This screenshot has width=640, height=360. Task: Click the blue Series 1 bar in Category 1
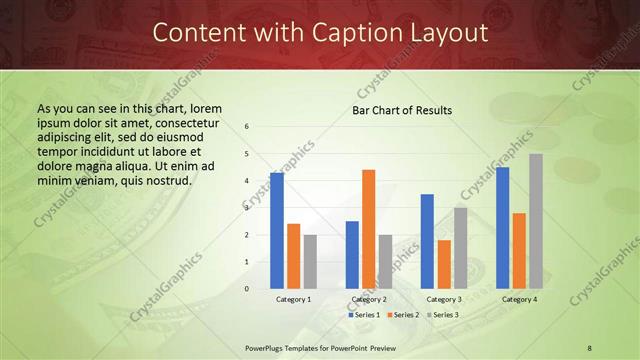click(x=276, y=231)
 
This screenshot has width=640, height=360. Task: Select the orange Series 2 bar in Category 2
click(x=368, y=229)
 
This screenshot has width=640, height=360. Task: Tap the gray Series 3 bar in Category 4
click(x=536, y=221)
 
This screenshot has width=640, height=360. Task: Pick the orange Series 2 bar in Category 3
click(x=444, y=264)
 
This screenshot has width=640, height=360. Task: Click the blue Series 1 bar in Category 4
click(x=502, y=228)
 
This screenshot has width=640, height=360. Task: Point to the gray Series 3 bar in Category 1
click(x=310, y=262)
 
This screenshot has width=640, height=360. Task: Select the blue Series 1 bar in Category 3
click(x=427, y=241)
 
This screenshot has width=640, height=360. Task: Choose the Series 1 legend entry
click(x=363, y=315)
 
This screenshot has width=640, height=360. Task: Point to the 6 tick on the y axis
click(x=247, y=127)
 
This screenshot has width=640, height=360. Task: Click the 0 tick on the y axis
click(x=247, y=289)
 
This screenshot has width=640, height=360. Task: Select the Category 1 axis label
click(x=293, y=299)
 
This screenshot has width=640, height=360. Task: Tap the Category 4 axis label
click(x=519, y=299)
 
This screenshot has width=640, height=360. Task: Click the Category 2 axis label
click(x=368, y=299)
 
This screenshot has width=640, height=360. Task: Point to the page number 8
click(x=590, y=347)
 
